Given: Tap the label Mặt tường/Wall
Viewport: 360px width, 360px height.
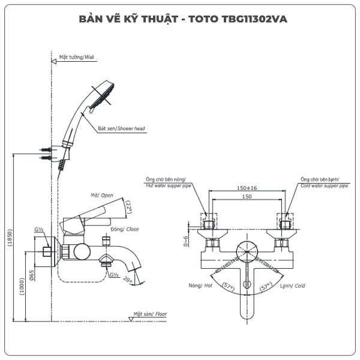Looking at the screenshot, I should click(x=77, y=58).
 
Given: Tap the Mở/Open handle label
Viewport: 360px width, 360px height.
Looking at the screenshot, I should click(x=102, y=195).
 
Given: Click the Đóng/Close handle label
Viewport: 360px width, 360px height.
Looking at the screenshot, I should click(x=124, y=229).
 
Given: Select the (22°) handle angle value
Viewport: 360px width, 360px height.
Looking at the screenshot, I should click(x=128, y=207).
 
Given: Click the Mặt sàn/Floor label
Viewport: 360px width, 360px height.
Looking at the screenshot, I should click(x=151, y=314).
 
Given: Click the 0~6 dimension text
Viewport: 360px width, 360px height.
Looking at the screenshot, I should click(x=187, y=241).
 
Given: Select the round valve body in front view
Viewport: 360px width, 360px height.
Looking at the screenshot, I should click(x=247, y=250).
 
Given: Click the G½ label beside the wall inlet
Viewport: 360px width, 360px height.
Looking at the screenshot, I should click(x=39, y=230).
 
